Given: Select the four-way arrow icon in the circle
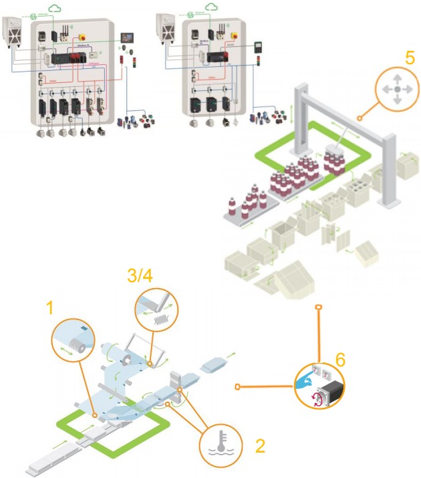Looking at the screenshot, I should [x=397, y=89].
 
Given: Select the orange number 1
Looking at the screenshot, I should [x=49, y=308].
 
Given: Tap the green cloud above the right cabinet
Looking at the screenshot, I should [x=212, y=7].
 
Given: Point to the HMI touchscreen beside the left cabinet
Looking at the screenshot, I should [x=127, y=38].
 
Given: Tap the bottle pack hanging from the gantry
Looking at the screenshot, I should [x=337, y=159].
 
